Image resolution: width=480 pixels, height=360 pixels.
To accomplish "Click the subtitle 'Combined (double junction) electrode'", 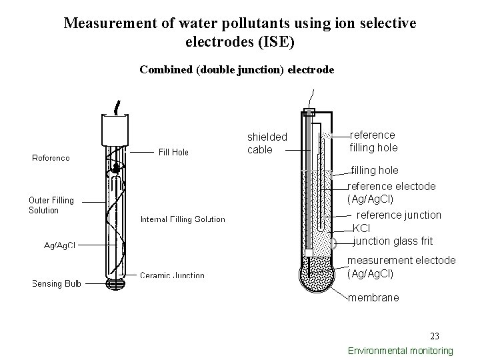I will coord(237,70).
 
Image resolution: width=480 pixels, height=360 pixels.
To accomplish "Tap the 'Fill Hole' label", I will coord(173,152).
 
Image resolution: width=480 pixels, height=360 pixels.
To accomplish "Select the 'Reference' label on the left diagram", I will coord(51,158).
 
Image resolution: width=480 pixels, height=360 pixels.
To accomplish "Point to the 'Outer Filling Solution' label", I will coord(51,205).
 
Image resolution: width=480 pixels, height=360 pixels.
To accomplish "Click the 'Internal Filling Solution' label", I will coord(183,219).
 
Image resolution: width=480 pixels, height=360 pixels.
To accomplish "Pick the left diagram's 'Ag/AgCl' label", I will coord(60,245).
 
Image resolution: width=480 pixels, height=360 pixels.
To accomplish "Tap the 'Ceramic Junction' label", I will coord(172,275).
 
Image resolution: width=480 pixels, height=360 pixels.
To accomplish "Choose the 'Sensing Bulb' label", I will coord(57,284).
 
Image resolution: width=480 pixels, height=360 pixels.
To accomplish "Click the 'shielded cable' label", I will coord(267,143).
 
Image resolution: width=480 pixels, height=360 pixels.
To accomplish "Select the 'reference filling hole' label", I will coord(373,141).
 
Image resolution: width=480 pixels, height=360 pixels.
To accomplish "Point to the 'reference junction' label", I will coord(399,215).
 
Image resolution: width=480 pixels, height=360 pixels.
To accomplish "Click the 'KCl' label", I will coord(361,228).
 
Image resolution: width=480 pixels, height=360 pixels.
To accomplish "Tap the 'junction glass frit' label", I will coord(393,241).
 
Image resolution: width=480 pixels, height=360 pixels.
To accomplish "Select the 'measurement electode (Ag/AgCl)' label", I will coord(401,267).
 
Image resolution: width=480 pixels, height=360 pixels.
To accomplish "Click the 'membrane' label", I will coord(373,298).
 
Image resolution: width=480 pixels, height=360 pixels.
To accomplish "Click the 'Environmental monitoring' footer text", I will coord(401,351).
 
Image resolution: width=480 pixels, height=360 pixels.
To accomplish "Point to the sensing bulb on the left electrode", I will coord(116,284).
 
